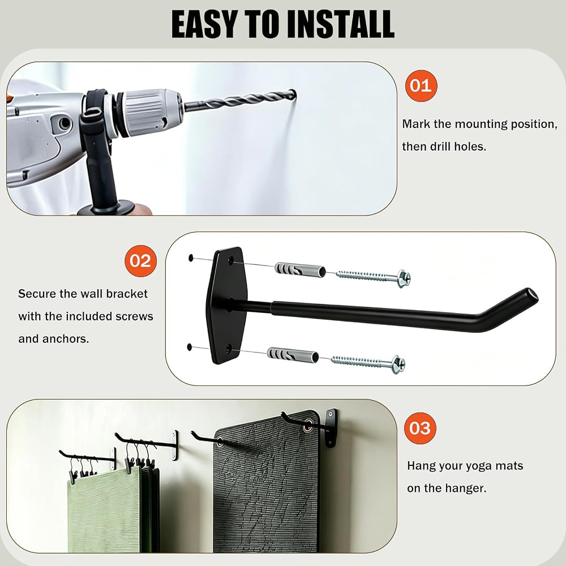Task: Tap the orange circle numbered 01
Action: [421, 86]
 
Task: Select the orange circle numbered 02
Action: [140, 261]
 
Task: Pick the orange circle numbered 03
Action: [420, 428]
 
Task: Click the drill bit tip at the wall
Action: [294, 94]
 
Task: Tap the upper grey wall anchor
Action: [300, 269]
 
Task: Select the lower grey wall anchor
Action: [293, 355]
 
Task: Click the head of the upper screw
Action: [403, 278]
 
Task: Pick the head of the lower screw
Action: [398, 365]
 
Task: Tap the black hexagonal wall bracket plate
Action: [226, 306]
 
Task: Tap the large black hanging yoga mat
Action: [267, 486]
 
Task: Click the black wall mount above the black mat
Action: [331, 428]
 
